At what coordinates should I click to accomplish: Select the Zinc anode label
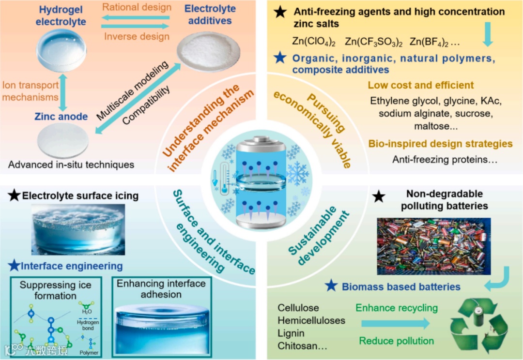(x=61, y=116)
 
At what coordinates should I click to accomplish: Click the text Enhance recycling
(x=397, y=308)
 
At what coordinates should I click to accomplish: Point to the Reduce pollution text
(x=397, y=341)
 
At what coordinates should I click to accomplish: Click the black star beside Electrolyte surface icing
(x=15, y=196)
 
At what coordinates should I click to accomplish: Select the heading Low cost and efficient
(x=420, y=85)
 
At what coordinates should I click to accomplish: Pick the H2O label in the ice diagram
(x=87, y=311)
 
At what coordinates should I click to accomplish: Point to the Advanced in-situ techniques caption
(x=71, y=165)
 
